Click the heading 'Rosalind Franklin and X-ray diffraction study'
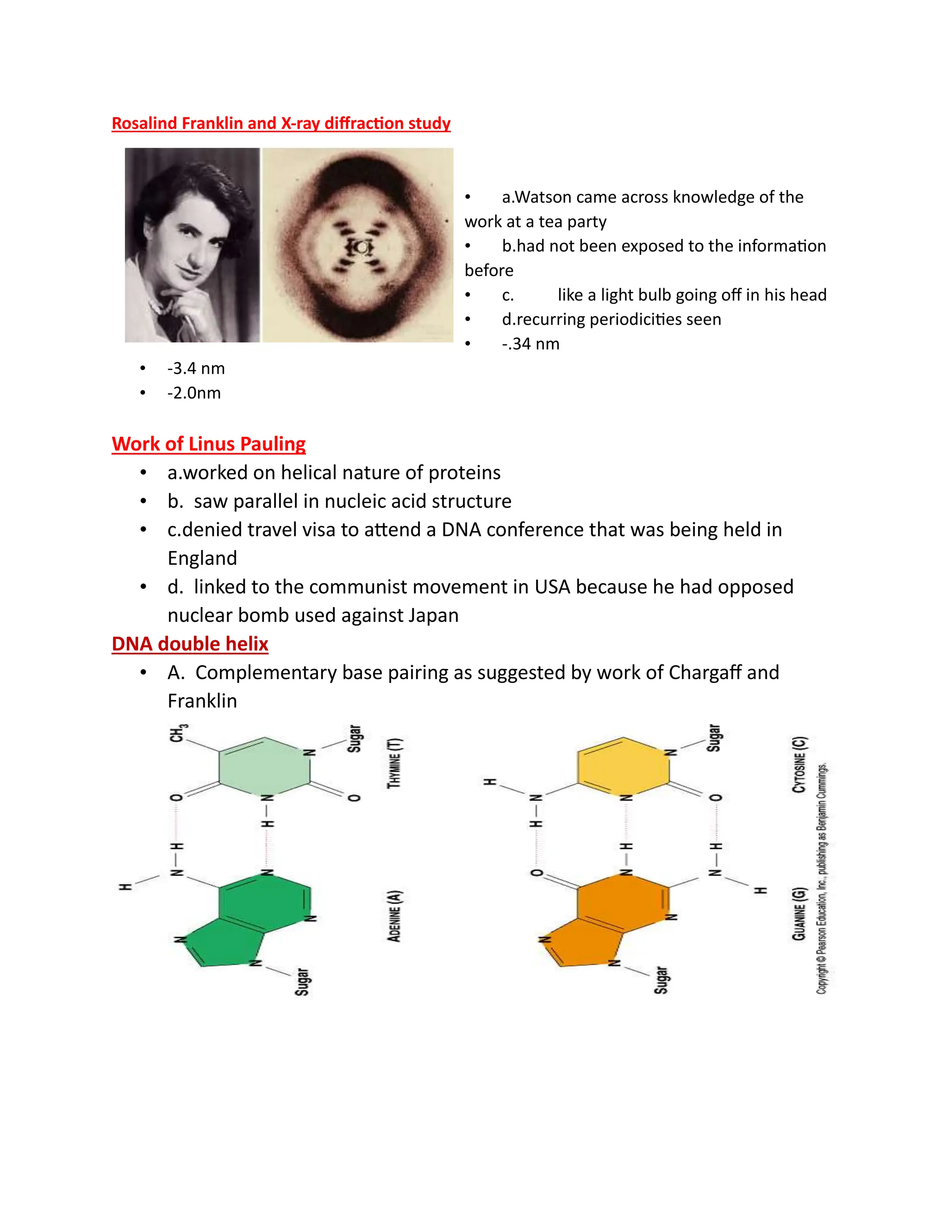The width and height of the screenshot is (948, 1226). [281, 123]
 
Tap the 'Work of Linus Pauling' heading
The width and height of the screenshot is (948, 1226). [208, 444]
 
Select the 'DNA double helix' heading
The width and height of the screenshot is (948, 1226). [190, 644]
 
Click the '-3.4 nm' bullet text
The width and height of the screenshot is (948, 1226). [196, 368]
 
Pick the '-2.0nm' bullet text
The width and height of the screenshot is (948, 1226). [194, 393]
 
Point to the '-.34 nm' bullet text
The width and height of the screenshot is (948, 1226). [531, 344]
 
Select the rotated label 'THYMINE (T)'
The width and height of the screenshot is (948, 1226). [395, 763]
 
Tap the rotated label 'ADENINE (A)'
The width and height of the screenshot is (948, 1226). [395, 916]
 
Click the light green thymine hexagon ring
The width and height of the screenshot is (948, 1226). [264, 766]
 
